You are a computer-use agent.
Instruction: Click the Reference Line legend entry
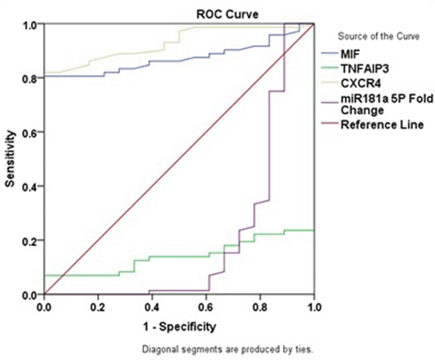pos(381,125)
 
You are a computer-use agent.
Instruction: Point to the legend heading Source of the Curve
pos(378,36)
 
